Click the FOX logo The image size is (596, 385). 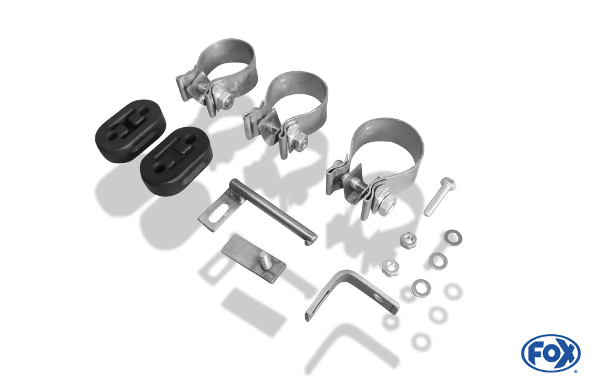pos(550,353)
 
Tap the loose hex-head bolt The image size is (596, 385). pos(440,196)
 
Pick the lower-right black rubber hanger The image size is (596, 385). pos(176,161)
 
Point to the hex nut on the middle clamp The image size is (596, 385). pos(300,142)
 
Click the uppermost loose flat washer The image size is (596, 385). pos(452,237)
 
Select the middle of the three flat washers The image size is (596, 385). pos(438,261)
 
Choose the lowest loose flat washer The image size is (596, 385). pos(421,288)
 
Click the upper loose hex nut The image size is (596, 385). pos(408,241)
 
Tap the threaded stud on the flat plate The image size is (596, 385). pos(263,261)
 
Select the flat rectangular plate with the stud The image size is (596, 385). pos(253,258)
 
